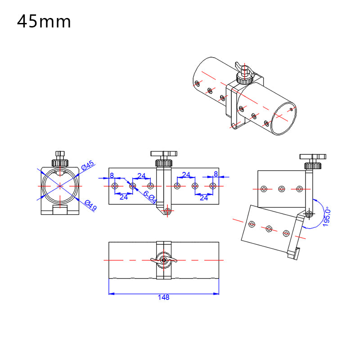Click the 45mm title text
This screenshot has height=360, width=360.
[x=44, y=21]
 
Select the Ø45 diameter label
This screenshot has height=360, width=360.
[x=88, y=166]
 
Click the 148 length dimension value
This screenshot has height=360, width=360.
[x=164, y=297]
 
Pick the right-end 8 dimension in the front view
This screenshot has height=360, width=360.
[x=216, y=174]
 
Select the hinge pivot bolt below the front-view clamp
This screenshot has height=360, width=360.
[x=168, y=210]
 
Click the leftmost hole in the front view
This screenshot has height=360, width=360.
[x=115, y=186]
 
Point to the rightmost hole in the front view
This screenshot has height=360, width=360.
[x=213, y=186]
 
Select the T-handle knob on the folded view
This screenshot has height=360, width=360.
[x=312, y=157]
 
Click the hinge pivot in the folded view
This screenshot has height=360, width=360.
[x=308, y=215]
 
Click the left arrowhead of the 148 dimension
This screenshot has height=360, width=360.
[x=111, y=294]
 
